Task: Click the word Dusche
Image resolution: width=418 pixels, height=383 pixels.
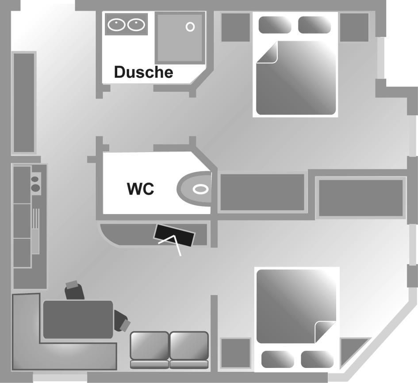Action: point(143,72)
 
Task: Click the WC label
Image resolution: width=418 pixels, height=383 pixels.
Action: point(141,189)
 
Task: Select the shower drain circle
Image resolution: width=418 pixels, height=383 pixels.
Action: point(190,27)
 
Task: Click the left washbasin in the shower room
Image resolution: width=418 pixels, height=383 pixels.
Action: point(116,25)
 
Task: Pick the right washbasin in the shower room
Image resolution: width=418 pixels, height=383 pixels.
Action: point(136,25)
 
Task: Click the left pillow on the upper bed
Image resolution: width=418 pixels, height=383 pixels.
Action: point(274,25)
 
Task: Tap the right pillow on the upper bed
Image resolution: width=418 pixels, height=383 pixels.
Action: point(314,25)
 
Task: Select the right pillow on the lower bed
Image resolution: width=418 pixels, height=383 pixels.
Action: point(317,359)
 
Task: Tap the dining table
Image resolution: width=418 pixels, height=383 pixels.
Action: point(78,319)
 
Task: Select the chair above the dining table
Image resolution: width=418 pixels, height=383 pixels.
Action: point(74,290)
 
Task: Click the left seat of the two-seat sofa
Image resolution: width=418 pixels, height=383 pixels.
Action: point(149,346)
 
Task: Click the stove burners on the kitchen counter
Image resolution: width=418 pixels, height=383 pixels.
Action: point(35,184)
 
